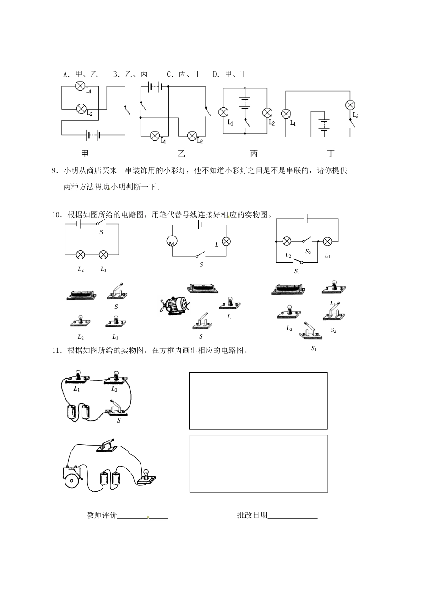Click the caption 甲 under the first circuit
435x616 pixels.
85,154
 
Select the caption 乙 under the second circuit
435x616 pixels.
181,154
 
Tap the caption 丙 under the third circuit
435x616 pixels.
254,154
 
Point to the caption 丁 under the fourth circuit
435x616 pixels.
331,154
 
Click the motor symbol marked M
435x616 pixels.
172,242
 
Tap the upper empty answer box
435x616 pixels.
258,401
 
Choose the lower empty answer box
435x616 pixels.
258,463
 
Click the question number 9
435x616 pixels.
55,171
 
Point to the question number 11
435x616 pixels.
56,351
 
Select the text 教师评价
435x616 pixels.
102,515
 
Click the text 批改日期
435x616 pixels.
252,515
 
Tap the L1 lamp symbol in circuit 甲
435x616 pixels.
81,85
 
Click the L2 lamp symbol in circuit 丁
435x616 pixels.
350,104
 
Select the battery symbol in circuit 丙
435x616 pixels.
245,103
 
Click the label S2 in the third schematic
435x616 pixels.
308,252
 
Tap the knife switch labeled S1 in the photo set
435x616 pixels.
310,331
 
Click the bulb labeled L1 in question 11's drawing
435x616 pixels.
77,377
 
